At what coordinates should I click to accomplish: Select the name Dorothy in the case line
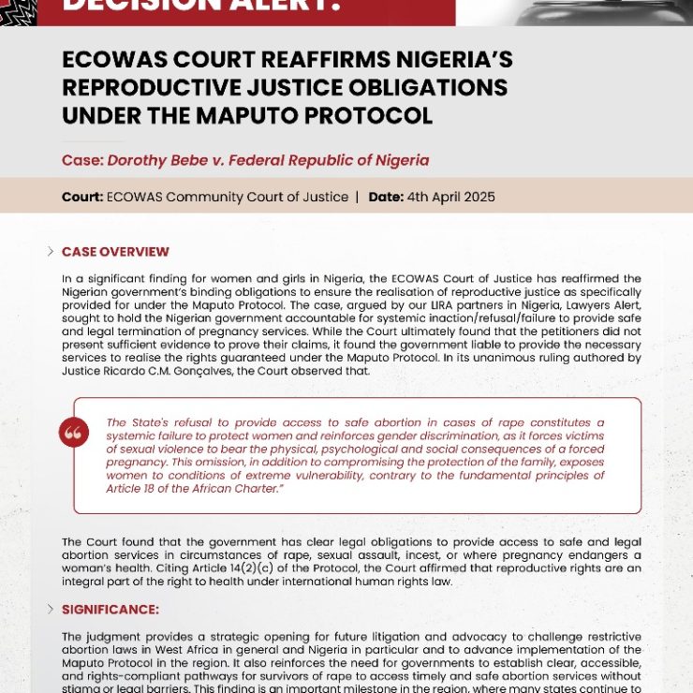tap(140, 160)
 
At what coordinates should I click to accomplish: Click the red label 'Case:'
tap(82, 160)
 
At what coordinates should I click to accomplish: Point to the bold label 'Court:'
tap(82, 197)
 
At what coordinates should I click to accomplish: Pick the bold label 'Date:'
tap(386, 197)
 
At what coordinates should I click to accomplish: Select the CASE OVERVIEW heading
tap(115, 252)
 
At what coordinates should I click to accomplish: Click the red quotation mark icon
tap(73, 432)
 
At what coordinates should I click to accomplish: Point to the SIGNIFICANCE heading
tap(111, 610)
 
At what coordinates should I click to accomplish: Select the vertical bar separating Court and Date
tap(357, 197)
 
